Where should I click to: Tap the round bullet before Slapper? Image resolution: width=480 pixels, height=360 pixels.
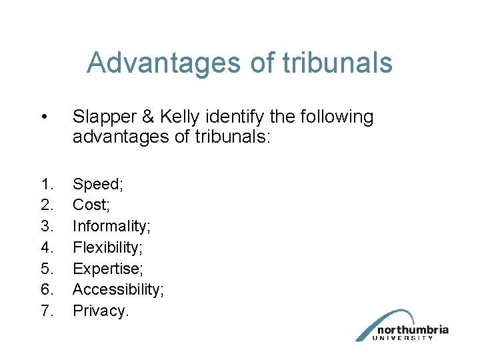(43, 117)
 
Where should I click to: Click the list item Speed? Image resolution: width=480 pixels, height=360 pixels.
(96, 185)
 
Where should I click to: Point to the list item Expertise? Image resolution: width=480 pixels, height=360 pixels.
(106, 269)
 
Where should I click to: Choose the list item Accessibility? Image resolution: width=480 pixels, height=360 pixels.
(118, 289)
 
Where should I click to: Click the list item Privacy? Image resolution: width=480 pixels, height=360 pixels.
(100, 311)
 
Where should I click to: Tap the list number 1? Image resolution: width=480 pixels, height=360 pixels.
(47, 184)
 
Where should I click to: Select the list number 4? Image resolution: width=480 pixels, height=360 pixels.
(47, 247)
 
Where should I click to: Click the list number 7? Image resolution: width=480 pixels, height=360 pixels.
(47, 311)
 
